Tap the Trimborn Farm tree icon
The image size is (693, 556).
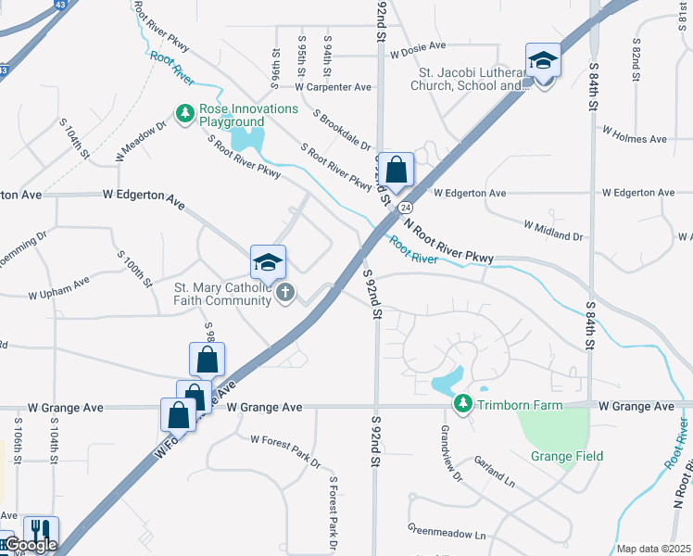pos(462,404)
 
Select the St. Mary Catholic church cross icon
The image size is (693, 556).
pos(285,293)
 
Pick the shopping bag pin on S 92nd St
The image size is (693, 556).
pos(396,171)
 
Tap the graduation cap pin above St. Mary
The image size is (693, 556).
pos(268,264)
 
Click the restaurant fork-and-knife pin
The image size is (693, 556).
pos(41,534)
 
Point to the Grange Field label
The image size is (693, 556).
pos(567,456)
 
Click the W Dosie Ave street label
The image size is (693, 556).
pos(417,45)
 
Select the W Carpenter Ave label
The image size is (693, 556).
pos(334,87)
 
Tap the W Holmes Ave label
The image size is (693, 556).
pos(635,140)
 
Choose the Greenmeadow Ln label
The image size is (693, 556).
pos(447,535)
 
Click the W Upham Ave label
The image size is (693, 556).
pos(58,288)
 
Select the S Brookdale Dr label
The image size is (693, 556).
pos(341,133)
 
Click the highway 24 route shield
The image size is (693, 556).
pos(405,208)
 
